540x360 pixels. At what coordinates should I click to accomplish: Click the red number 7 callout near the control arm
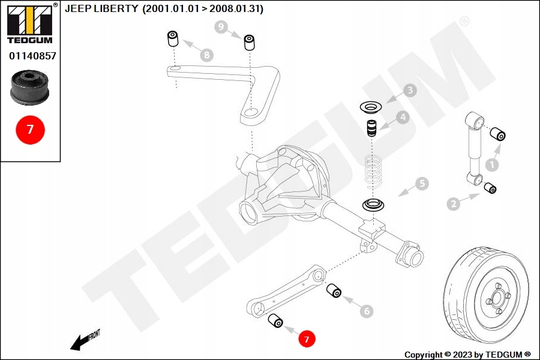307,338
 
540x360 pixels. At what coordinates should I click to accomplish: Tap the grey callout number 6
367,311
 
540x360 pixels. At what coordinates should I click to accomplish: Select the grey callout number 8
206,55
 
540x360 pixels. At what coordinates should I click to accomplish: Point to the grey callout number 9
221,26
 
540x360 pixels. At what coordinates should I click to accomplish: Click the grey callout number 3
410,90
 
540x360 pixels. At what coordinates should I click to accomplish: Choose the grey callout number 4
403,117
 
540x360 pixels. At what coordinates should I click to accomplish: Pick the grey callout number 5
422,183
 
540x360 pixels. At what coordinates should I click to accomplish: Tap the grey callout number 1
492,164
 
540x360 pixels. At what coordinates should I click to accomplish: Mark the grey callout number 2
454,203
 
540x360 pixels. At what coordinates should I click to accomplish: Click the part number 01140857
32,56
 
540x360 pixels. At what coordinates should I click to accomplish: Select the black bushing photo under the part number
29,88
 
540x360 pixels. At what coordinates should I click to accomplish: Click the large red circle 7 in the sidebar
31,130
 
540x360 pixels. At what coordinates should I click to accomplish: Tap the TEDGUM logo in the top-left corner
31,23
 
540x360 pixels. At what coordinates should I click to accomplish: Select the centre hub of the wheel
498,298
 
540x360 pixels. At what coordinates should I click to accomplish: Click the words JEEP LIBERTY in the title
101,8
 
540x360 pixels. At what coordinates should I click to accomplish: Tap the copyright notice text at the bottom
467,355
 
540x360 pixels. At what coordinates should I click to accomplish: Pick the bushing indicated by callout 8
173,38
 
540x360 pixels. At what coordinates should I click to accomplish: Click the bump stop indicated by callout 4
371,128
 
